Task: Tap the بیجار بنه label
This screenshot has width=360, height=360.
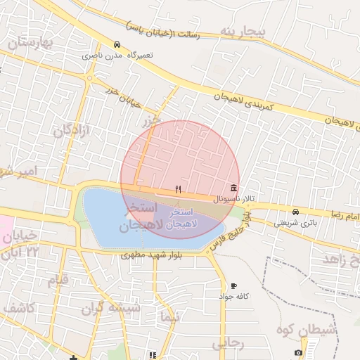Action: click(x=243, y=32)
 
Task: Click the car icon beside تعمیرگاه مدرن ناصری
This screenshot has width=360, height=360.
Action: click(x=116, y=44)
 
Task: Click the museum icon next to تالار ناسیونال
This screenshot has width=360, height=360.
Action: click(x=233, y=188)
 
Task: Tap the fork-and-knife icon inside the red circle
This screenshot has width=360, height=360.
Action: click(x=178, y=188)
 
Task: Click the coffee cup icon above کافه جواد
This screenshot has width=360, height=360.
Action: click(x=234, y=286)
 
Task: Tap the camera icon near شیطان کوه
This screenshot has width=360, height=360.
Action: click(x=299, y=352)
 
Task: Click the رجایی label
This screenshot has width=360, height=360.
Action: click(x=227, y=344)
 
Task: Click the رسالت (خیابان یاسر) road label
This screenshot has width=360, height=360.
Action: click(x=163, y=30)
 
